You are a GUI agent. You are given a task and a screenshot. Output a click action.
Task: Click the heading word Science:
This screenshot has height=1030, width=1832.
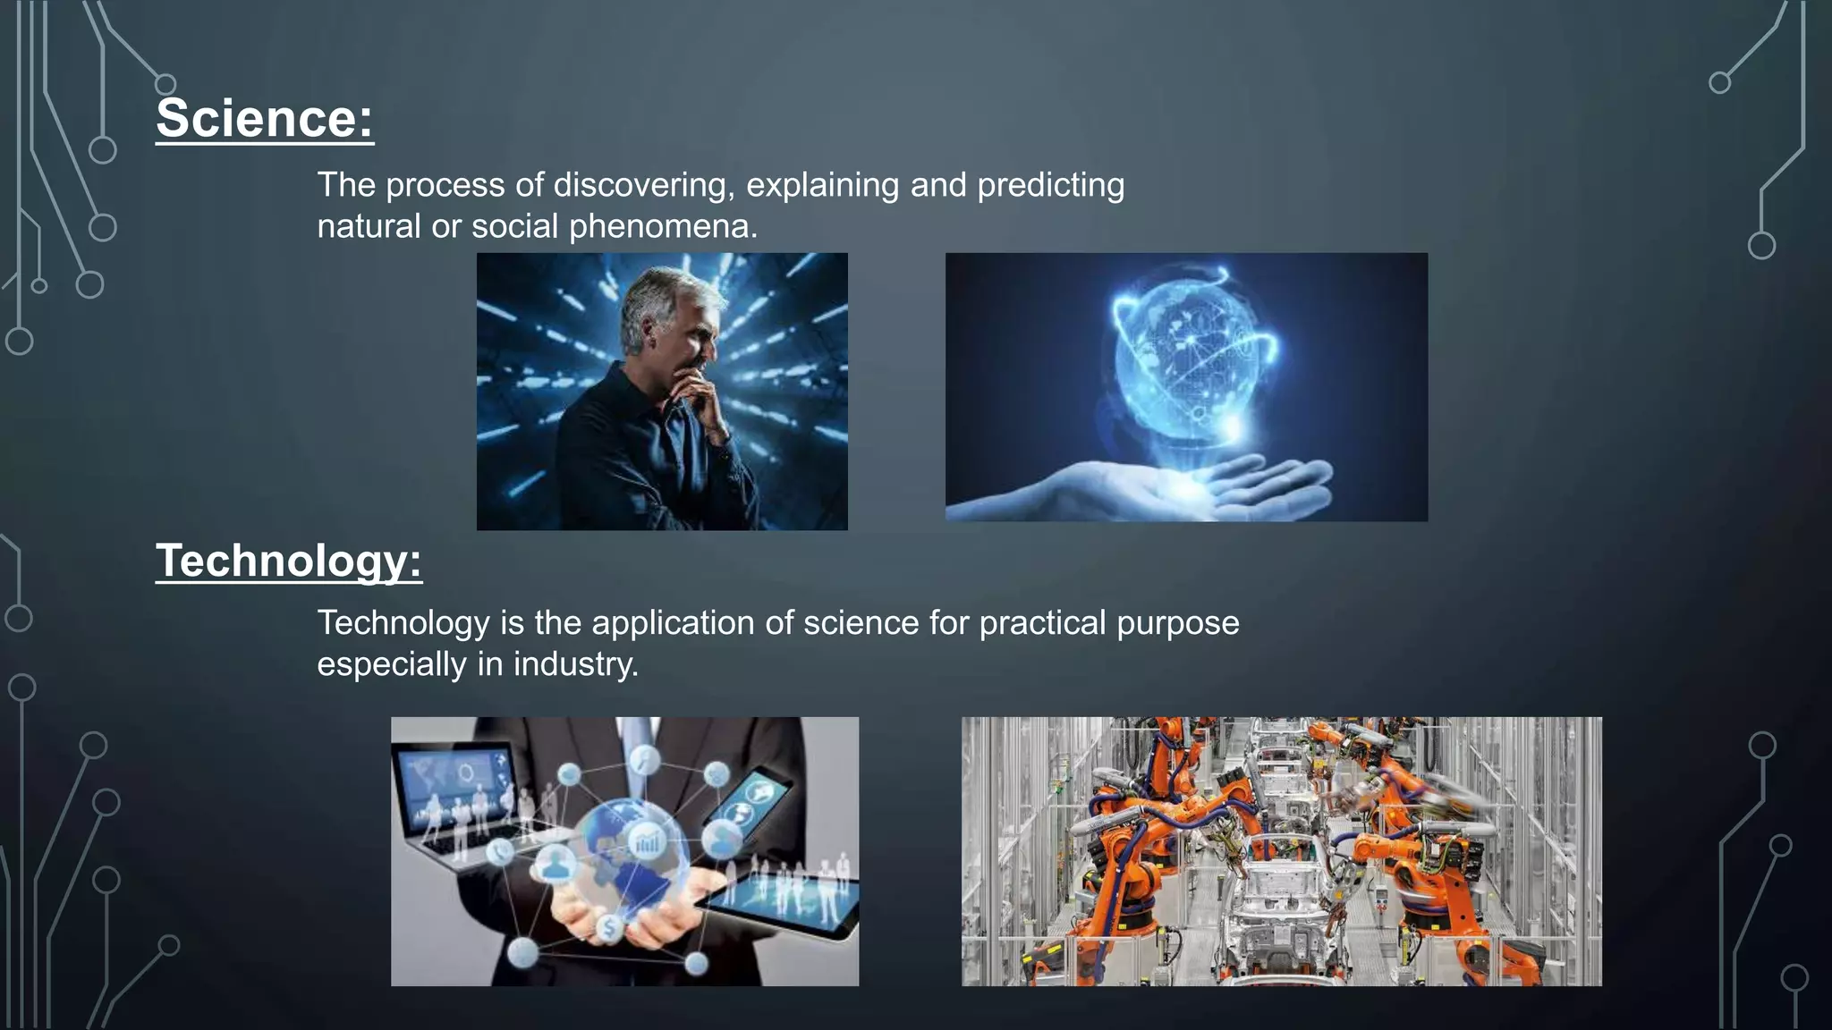(265, 119)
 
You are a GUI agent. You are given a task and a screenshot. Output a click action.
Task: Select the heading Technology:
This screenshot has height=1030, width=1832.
(289, 561)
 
